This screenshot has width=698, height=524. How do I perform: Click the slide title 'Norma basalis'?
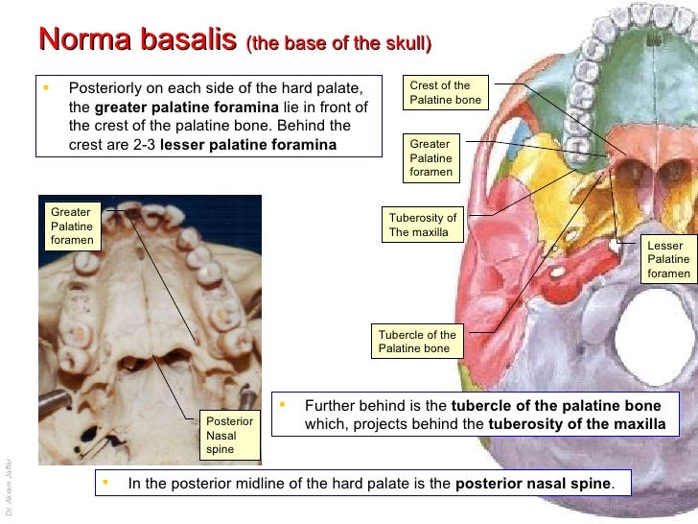137,40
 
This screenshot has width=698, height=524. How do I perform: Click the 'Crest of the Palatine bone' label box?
445,93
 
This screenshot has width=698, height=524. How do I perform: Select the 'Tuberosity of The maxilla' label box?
423,225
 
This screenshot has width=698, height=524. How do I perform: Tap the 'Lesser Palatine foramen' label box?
668,259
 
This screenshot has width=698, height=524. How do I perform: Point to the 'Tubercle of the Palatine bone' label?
417,342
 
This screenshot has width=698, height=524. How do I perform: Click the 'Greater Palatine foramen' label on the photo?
72,226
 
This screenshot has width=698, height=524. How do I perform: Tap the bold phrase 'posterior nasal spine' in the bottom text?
533,483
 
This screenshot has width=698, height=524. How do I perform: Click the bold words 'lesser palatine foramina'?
248,145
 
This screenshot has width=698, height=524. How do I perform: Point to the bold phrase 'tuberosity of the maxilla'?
576,423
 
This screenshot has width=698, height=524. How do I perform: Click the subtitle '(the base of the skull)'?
338,44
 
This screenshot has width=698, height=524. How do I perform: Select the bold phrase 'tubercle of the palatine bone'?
556,405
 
